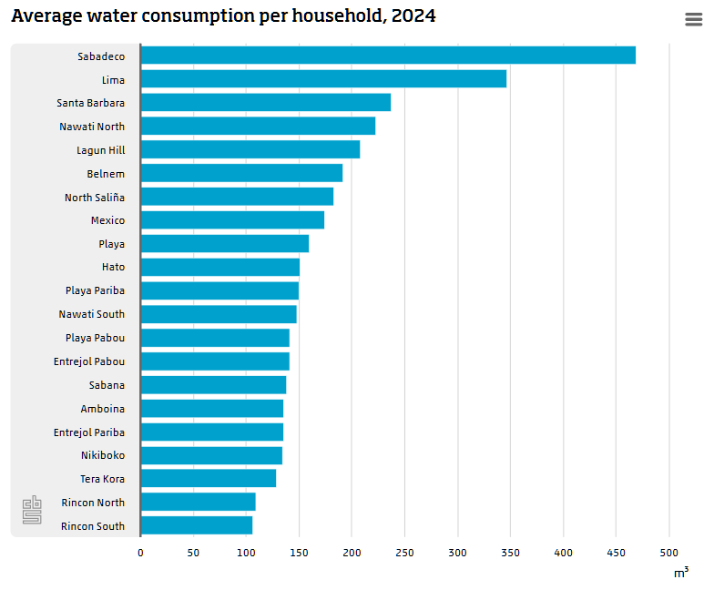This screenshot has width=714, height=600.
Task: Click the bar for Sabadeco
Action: click(388, 56)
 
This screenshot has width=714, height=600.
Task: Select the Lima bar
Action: click(323, 79)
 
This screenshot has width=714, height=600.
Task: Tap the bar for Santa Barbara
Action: click(265, 103)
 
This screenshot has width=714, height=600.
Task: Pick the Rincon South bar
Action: click(196, 525)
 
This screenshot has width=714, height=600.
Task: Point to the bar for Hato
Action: click(219, 267)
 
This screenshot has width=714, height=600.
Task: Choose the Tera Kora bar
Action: click(208, 479)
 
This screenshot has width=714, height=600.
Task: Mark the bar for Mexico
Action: click(232, 220)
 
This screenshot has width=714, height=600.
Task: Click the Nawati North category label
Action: click(92, 127)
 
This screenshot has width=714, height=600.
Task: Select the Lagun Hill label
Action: click(100, 150)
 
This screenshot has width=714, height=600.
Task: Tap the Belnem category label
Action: click(106, 174)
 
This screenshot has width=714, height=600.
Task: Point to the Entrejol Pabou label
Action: click(89, 361)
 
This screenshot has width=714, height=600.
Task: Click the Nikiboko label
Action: click(103, 455)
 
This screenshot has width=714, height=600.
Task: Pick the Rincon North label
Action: click(93, 503)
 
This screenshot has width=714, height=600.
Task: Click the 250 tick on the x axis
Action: click(404, 553)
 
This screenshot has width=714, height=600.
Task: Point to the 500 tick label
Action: click(669, 553)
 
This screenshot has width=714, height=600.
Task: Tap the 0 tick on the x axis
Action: click(140, 553)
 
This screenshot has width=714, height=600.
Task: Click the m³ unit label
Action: click(680, 573)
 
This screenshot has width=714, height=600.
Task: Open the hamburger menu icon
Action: click(693, 20)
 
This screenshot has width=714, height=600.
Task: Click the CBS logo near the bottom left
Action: click(32, 510)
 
